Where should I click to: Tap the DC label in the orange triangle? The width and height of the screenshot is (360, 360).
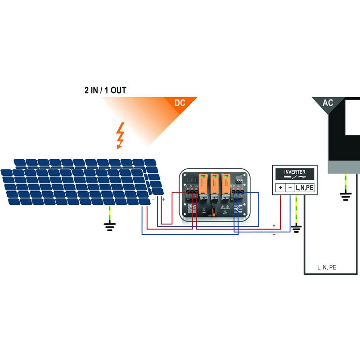[180, 103]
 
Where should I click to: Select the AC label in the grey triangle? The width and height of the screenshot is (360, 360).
[328, 103]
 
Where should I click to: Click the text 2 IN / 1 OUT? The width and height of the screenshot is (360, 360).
[105, 90]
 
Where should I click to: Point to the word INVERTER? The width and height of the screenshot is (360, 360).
[295, 172]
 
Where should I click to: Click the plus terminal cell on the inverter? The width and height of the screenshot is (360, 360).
[280, 188]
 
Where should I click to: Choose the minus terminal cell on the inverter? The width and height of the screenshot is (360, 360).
[290, 188]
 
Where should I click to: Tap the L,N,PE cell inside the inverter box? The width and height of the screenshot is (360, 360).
[304, 188]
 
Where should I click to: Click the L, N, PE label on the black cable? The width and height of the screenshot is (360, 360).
[327, 267]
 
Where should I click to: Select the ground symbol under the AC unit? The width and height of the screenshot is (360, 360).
[345, 196]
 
